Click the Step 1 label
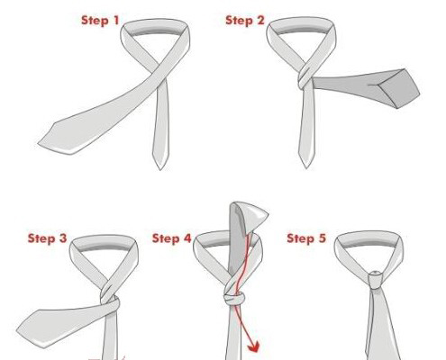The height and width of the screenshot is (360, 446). coord(100,21)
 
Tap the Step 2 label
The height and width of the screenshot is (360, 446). coord(245,21)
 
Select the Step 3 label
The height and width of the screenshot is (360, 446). coord(47,238)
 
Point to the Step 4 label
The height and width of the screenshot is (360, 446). coord(171,238)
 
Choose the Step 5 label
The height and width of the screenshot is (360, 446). coord(306,238)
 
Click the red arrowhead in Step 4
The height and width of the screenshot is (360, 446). coord(254,347)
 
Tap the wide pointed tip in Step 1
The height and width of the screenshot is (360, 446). coord(39,143)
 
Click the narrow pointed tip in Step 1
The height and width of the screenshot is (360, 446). coord(160,169)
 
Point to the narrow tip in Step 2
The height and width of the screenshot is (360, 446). coord(306,167)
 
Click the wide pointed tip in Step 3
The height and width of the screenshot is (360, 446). coord(18,329)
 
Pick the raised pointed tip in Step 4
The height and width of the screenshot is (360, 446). coord(268,214)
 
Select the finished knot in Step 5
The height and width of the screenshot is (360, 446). coord(376,280)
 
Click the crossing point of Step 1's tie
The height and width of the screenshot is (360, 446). coord(162,75)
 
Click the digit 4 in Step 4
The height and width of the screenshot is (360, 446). coord(187,238)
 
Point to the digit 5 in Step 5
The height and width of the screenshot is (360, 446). coord(322,238)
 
